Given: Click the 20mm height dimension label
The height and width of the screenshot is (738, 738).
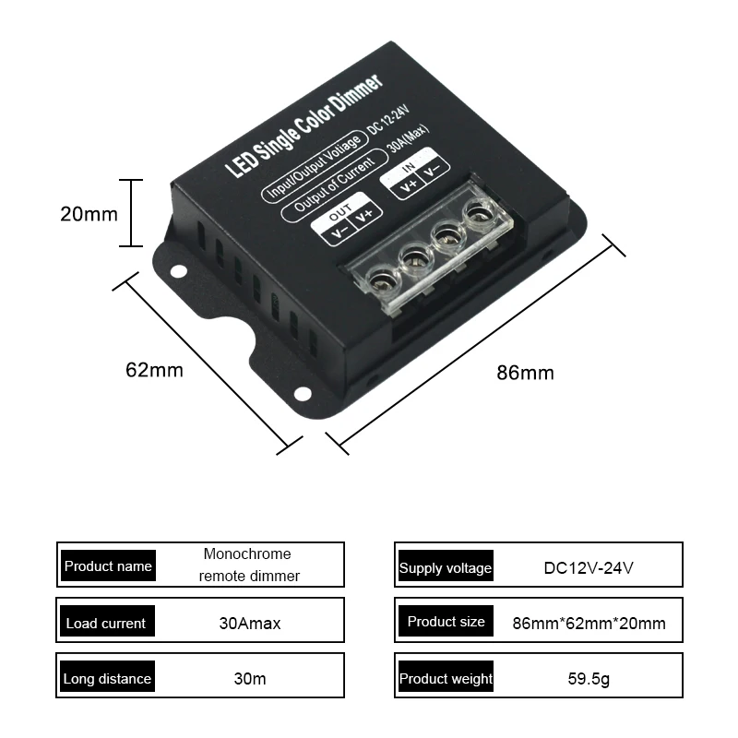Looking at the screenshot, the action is tap(89, 215).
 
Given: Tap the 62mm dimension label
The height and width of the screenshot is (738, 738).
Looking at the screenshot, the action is tap(154, 370).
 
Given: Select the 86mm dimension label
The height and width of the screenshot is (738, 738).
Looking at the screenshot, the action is tap(525, 373).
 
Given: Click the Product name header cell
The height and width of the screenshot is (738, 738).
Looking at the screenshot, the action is tap(108, 565).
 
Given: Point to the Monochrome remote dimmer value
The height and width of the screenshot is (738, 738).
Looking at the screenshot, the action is tap(247, 565).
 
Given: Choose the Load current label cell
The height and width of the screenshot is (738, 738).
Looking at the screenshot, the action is tap(105, 623).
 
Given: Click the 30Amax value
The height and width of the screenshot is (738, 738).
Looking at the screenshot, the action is tap(250, 623).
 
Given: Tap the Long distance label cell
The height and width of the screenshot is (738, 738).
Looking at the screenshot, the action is tap(107, 678).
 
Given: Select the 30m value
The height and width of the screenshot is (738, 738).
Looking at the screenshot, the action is tap(250, 678).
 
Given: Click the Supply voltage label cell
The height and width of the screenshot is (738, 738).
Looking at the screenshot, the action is tap(445, 567).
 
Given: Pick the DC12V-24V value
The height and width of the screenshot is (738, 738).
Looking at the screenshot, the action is tap(589, 567).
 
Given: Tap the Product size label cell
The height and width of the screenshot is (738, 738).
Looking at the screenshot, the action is tap(446, 622).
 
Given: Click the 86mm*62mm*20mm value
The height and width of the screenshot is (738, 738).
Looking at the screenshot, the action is tap(589, 623).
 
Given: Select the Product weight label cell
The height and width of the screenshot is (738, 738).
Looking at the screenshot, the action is tap(446, 678).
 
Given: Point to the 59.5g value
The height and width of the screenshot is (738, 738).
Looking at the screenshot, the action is tap(589, 680).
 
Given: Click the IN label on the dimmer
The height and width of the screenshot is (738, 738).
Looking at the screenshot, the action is tap(409, 166).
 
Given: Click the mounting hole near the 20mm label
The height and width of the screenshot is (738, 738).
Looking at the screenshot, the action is tap(176, 269).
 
